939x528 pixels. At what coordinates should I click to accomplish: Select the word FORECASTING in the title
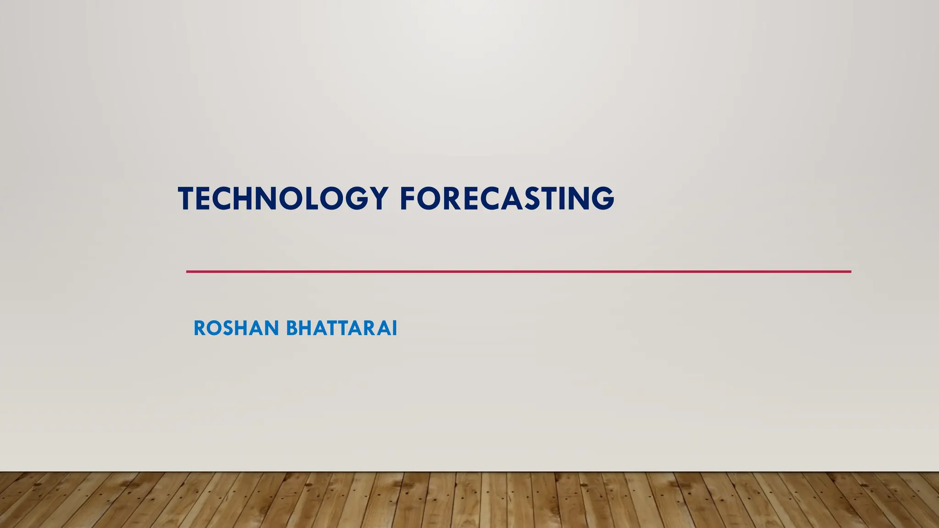(507, 198)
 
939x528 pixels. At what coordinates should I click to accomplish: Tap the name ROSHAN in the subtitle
(236, 328)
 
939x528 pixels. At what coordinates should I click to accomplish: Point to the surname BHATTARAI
(342, 328)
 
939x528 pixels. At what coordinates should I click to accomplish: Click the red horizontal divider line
(518, 272)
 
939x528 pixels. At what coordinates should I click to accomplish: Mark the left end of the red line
(188, 272)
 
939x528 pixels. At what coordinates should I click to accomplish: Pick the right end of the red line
(850, 272)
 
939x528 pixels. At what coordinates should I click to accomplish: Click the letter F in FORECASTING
(408, 198)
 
